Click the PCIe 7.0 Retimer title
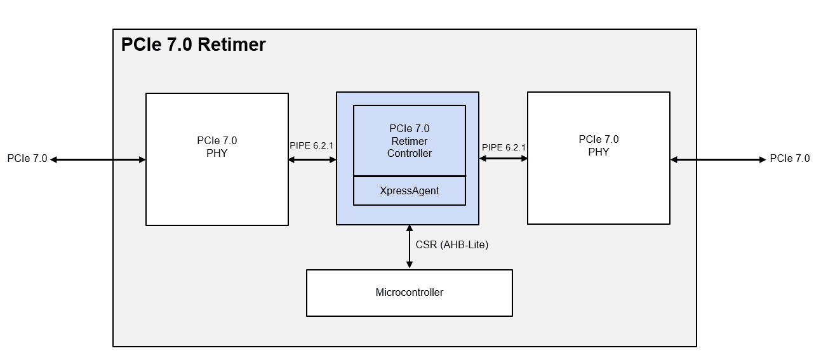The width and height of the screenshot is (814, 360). click(193, 45)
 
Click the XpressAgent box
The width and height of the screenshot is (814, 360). click(409, 191)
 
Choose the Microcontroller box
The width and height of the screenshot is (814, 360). click(409, 293)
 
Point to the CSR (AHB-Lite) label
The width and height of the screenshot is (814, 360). click(451, 244)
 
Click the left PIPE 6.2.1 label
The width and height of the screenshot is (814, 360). click(311, 145)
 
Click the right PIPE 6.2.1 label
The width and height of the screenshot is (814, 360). click(504, 147)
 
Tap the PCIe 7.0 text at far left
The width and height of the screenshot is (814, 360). click(27, 159)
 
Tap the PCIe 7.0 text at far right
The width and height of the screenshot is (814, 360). click(789, 159)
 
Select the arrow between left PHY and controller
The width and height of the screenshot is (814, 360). click(312, 160)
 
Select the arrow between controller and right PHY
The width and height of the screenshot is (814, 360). click(503, 159)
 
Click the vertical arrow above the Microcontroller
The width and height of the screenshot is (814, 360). click(410, 247)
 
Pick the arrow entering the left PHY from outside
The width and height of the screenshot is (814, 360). click(98, 160)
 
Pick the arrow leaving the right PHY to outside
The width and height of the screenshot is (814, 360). click(718, 160)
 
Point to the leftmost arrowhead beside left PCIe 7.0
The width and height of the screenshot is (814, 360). click(54, 160)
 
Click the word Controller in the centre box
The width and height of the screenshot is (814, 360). click(409, 154)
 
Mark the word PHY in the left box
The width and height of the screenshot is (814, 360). click(217, 153)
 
